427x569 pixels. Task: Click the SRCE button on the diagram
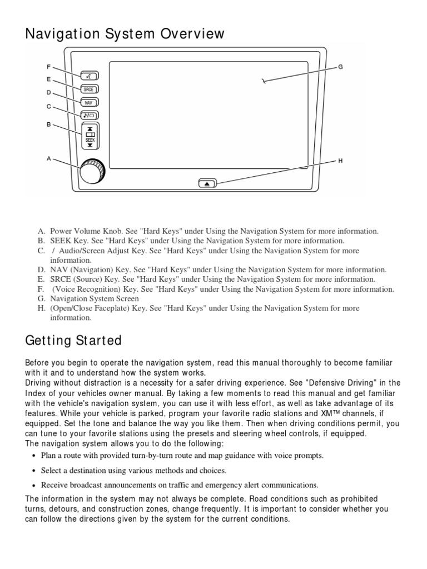89,89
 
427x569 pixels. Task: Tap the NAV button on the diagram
89,102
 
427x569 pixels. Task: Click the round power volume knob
91,171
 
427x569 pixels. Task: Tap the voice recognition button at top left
89,76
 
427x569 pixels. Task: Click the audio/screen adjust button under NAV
89,116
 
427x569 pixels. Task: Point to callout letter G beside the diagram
340,67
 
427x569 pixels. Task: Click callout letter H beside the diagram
340,161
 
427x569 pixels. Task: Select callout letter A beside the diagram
49,158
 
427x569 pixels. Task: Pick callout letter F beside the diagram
49,67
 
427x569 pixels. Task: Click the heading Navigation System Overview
125,34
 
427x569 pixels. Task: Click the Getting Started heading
73,340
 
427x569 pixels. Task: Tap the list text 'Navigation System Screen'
95,298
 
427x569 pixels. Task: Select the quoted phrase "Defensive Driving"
309,383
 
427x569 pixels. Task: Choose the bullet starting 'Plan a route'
182,456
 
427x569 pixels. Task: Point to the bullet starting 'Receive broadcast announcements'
180,485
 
